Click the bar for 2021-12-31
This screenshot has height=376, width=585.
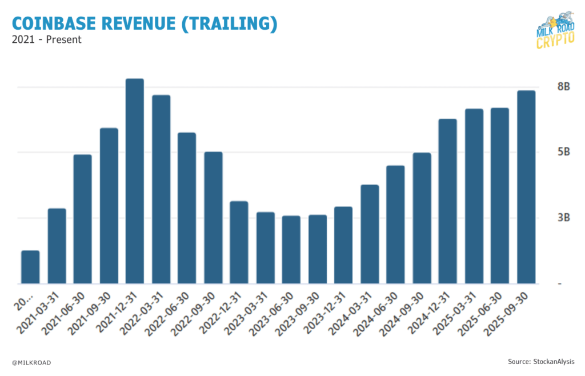[135, 181]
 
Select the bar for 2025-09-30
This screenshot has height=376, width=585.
[526, 187]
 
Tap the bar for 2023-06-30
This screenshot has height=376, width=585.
[291, 250]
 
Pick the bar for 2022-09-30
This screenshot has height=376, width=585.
[213, 218]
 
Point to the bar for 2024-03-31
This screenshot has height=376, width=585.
[370, 234]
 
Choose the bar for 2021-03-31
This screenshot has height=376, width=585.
[57, 246]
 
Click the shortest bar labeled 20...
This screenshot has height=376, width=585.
[30, 267]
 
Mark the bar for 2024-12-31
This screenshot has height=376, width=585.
[448, 201]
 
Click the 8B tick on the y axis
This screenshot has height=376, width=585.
[548, 87]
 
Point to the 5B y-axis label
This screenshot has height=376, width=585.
[548, 153]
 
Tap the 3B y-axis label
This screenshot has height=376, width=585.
[548, 218]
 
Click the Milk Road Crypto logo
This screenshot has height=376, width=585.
[556, 31]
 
